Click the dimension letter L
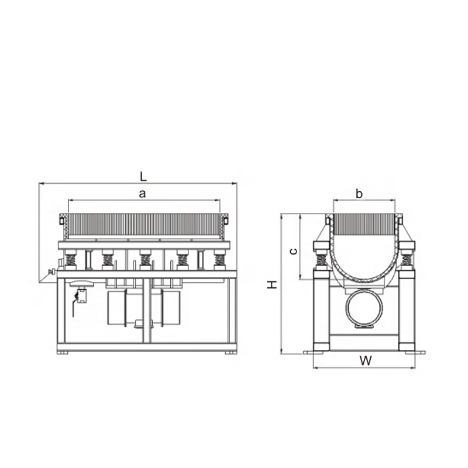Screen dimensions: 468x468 pos(143,177)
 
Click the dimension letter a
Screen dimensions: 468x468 pos(143,194)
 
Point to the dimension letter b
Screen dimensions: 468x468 pos(359,194)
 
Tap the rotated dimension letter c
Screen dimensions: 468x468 pos(294,252)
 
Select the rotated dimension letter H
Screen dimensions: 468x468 pos(272,284)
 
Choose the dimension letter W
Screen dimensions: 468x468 pos(366,360)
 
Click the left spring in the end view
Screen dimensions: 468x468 pos(321,260)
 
